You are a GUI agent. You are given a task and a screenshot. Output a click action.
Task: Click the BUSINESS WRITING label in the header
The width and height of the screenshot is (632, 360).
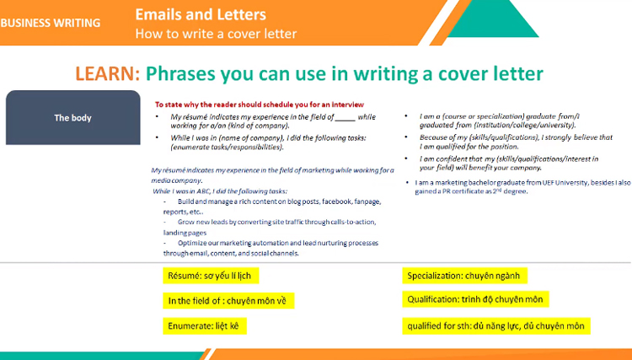(50, 23)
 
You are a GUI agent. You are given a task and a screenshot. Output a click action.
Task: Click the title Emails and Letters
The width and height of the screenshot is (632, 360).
(201, 14)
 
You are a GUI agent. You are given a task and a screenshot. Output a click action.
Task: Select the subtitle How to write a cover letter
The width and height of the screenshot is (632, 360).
(216, 34)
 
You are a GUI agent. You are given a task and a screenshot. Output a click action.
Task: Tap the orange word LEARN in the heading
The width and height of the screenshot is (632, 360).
(107, 73)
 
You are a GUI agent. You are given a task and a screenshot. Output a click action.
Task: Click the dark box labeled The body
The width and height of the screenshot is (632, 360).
(72, 118)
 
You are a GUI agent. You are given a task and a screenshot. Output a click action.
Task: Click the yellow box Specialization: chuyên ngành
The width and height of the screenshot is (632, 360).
(464, 276)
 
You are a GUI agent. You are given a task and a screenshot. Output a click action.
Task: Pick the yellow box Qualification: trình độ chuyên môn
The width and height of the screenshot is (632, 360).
(476, 299)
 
